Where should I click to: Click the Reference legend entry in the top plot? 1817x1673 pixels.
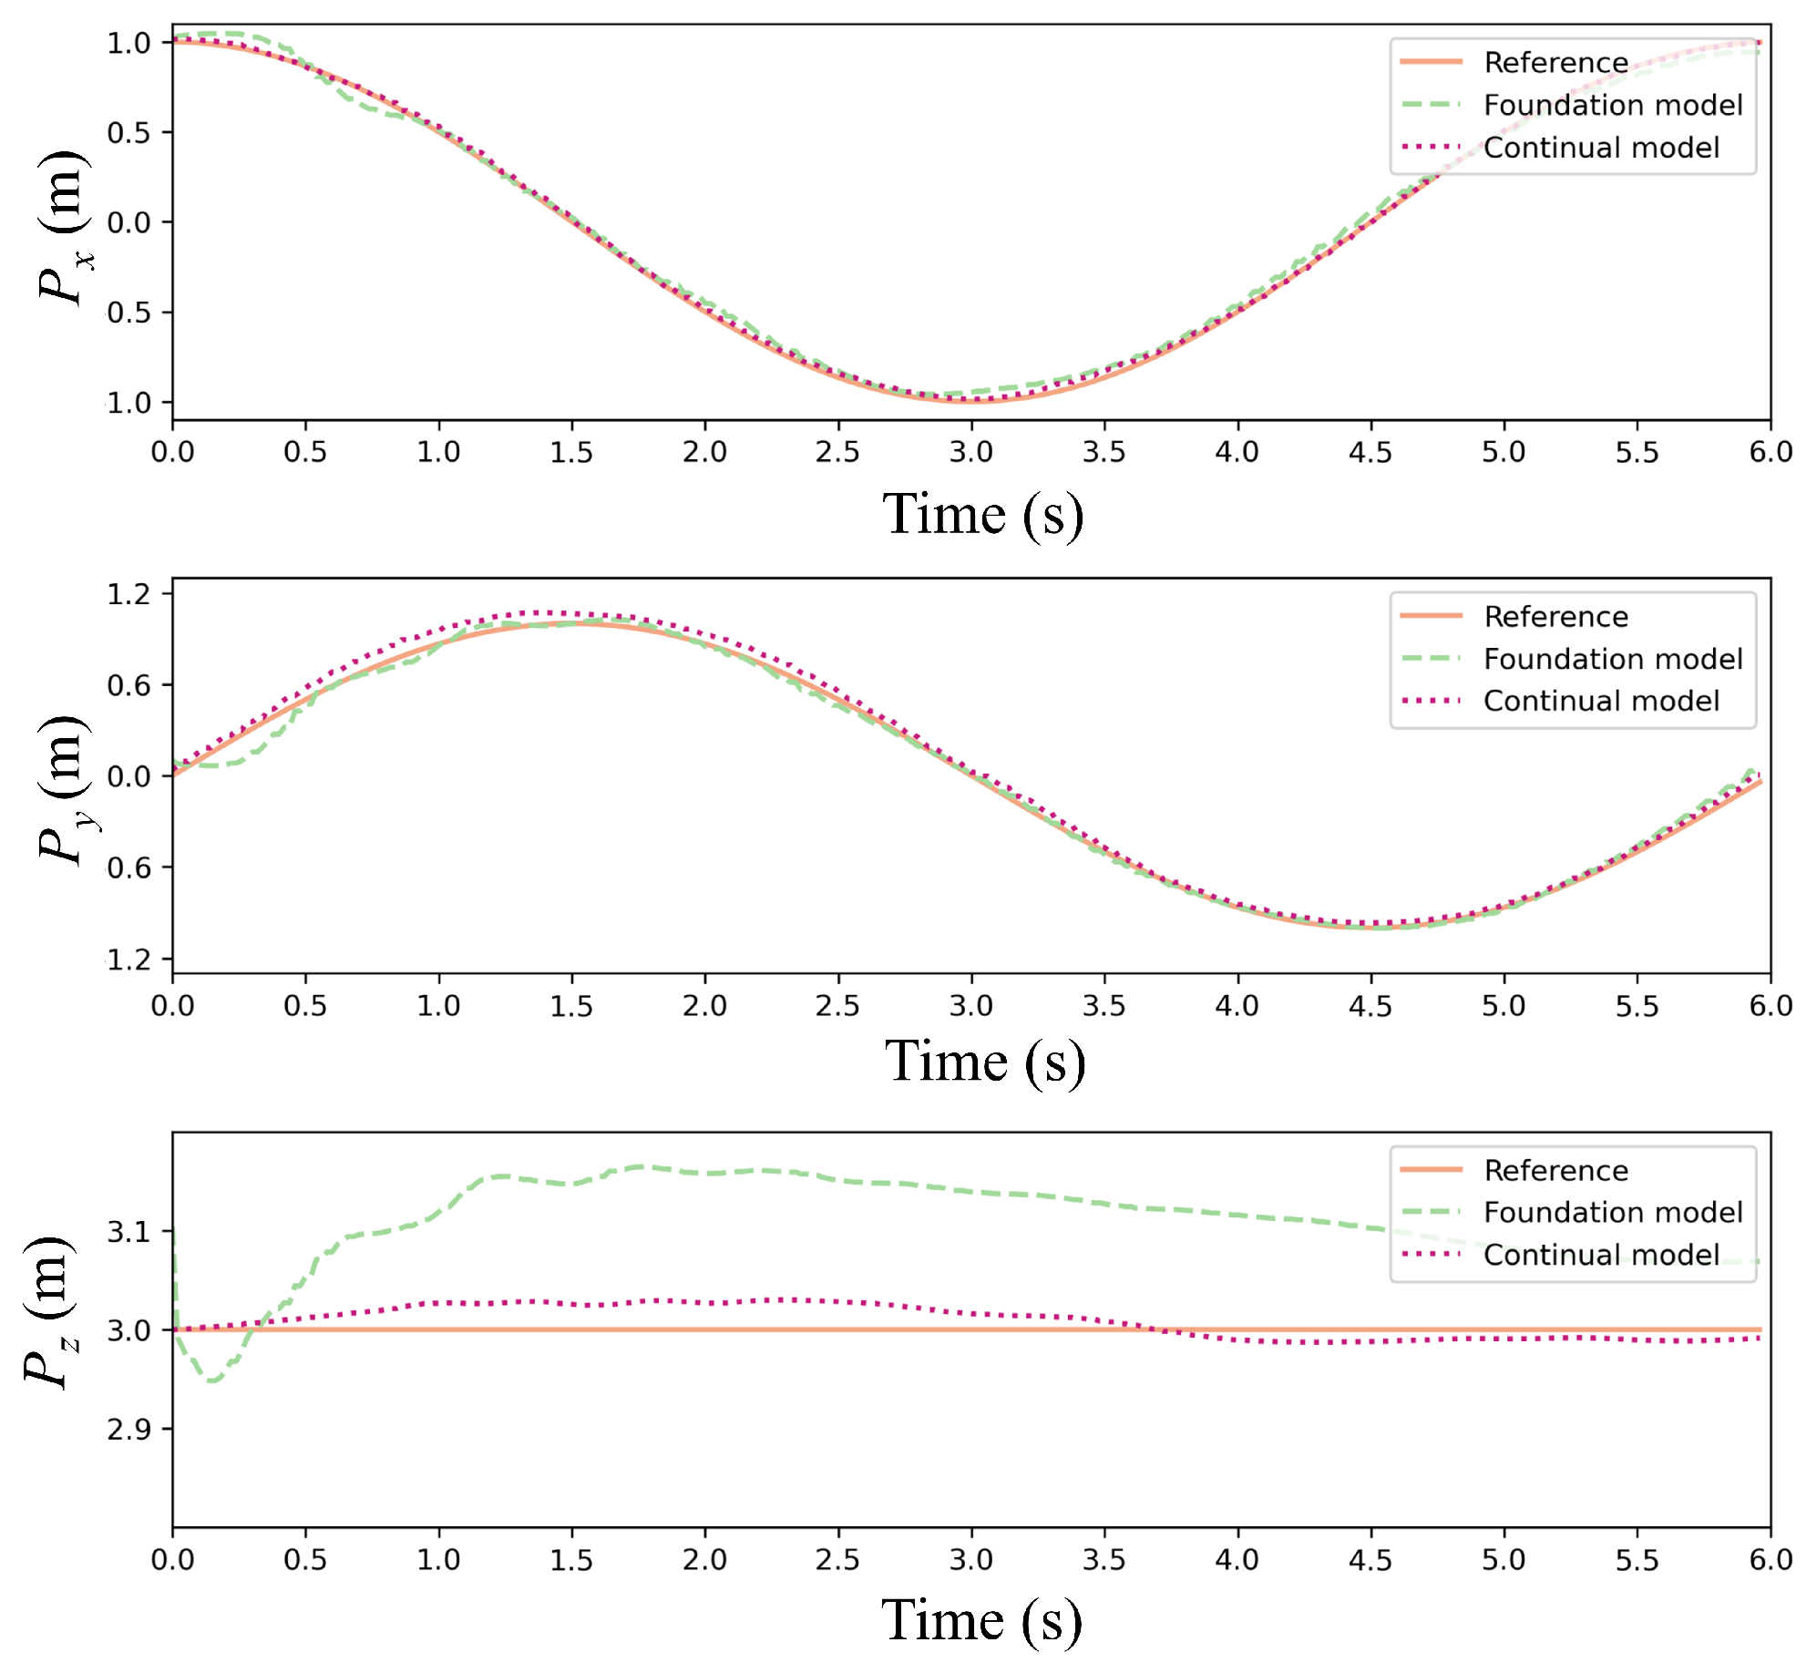coord(1555,62)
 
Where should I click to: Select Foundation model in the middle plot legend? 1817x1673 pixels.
coord(1612,659)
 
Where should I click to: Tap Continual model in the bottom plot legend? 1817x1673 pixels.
coord(1600,1255)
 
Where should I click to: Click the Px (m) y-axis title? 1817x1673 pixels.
coord(64,228)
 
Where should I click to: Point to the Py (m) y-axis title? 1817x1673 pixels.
coord(64,789)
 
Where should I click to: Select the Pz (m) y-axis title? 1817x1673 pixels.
coord(50,1312)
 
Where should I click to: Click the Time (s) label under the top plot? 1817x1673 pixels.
coord(982,514)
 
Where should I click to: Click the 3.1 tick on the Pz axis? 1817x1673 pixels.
coord(128,1232)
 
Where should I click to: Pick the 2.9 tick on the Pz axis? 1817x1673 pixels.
coord(128,1430)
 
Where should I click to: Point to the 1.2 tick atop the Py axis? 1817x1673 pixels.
coord(128,594)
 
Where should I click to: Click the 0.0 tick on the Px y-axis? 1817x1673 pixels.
coord(128,222)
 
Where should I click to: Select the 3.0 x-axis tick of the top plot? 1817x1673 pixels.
coord(970,452)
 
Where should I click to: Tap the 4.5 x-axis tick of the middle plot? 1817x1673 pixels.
coord(1370,1006)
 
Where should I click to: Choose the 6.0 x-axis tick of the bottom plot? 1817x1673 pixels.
coord(1770,1560)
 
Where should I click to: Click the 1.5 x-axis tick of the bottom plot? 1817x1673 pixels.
coord(571,1560)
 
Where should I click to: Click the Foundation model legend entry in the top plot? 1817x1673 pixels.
coord(1612,105)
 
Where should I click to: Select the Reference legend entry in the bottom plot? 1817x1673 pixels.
coord(1555,1170)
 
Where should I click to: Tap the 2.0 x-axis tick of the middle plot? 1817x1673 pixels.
coord(704,1006)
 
